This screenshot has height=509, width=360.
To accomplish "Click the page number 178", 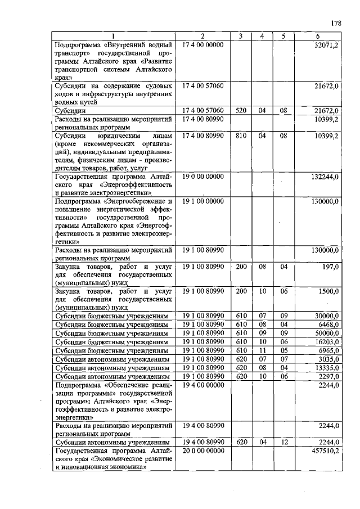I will [x=336, y=23].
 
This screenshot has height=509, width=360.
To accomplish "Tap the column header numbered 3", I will [x=241, y=37].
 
